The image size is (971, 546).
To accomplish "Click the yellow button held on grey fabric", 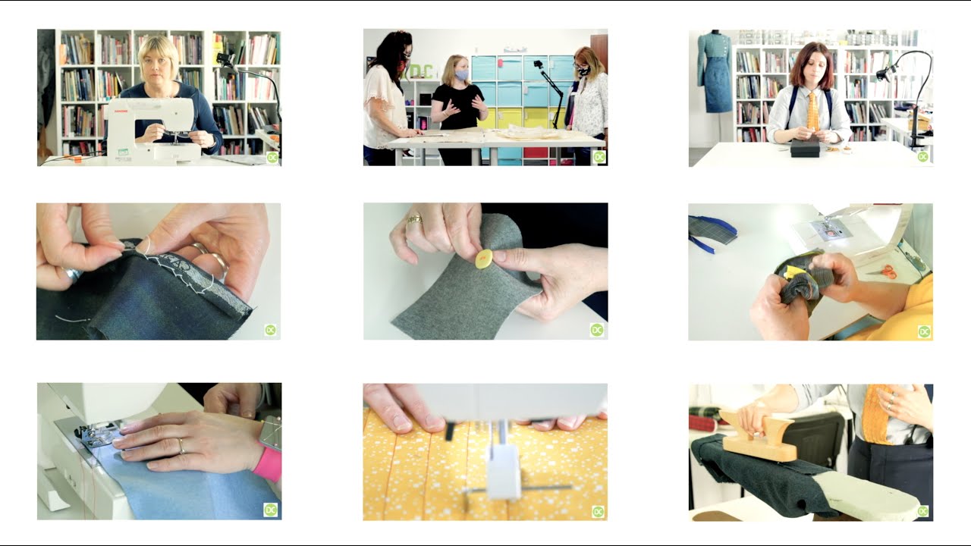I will [484, 259].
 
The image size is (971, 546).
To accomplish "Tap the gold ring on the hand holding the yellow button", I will [414, 219].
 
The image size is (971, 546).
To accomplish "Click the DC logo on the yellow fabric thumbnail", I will [597, 510].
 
